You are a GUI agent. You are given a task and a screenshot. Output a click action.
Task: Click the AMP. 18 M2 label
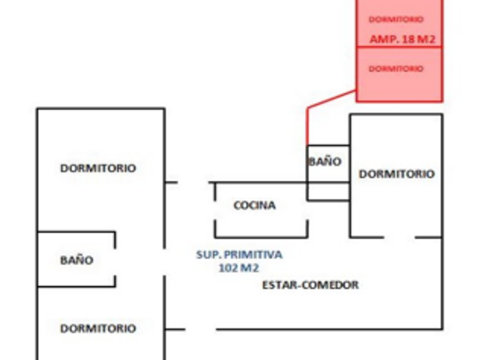point(402,39)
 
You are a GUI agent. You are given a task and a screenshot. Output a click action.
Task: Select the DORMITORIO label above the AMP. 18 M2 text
point(396,19)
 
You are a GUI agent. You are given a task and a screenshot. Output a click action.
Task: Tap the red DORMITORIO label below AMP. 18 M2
point(396,69)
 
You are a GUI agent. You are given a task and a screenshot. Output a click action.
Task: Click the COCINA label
point(254,205)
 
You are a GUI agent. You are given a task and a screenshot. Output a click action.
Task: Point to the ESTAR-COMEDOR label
point(310,285)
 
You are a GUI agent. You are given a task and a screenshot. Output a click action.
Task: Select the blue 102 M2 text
point(242,267)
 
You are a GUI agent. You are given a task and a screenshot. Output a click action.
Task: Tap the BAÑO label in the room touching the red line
point(325,162)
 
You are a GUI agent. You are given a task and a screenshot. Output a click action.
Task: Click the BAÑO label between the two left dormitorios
point(77,261)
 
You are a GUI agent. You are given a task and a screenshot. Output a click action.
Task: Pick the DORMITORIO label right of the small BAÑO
point(396,174)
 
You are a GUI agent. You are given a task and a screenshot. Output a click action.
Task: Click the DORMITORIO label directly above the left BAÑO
point(98,168)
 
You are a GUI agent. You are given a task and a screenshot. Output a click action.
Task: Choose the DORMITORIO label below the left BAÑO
point(98,329)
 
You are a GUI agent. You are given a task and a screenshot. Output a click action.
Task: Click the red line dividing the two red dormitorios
point(399,47)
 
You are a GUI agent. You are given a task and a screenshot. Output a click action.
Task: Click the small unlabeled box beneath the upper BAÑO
point(328,191)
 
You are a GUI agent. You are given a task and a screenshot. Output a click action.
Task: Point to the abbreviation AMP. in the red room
point(384,39)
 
